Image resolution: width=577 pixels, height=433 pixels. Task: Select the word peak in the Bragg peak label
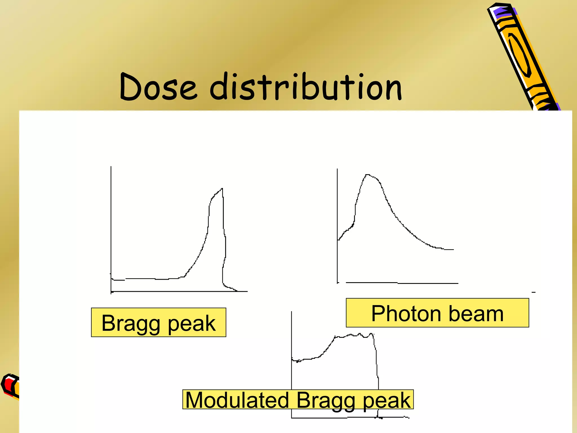[x=192, y=323]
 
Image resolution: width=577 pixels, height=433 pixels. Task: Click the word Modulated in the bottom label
[x=237, y=400]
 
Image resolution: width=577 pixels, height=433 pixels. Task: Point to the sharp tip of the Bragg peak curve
[x=222, y=189]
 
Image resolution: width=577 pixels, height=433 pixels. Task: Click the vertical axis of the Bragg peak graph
[x=111, y=226]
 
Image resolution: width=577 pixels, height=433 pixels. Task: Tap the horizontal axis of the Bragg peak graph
[x=177, y=291]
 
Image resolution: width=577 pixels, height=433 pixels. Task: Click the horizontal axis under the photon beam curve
[x=400, y=283]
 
